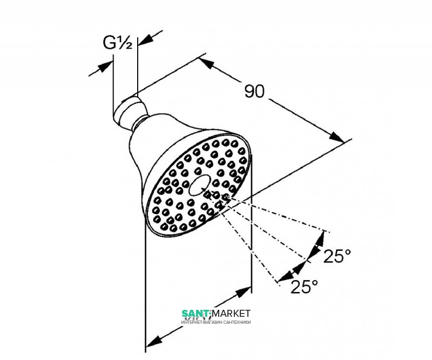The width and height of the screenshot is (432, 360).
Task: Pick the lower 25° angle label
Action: pyautogui.click(x=305, y=287)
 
